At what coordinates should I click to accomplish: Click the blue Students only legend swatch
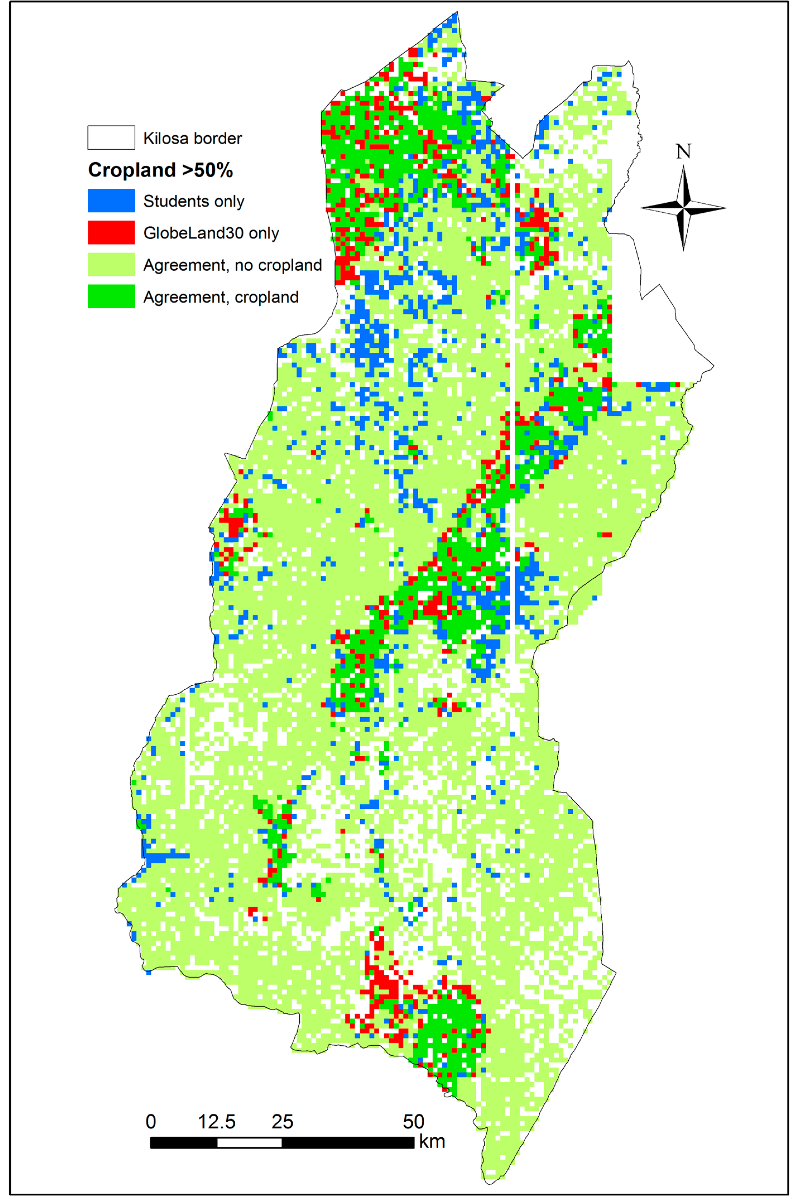111,201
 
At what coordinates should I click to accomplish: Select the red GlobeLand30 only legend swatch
111,232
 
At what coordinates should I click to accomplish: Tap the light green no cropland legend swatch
111,265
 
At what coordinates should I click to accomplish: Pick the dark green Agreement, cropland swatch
111,296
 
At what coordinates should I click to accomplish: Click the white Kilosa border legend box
111,138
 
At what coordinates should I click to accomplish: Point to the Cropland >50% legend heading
160,170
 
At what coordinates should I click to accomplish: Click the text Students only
193,201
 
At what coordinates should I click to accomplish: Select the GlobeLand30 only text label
211,234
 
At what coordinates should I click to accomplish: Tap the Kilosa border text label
193,139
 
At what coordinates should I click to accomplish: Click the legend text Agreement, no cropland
232,265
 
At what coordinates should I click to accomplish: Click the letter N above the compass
683,151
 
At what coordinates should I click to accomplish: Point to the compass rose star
683,208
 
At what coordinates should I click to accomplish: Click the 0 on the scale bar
151,1121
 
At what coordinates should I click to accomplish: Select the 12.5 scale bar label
217,1121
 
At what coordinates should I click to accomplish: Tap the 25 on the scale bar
282,1121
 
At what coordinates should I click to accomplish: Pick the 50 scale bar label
414,1121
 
